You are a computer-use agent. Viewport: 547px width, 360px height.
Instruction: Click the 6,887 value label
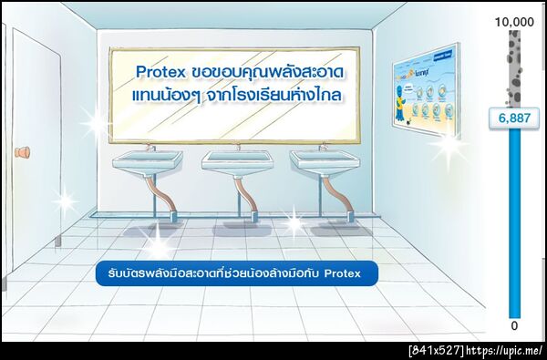513,118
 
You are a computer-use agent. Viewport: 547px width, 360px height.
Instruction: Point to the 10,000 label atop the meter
513,20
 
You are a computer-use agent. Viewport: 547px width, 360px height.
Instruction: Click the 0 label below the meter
513,325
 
